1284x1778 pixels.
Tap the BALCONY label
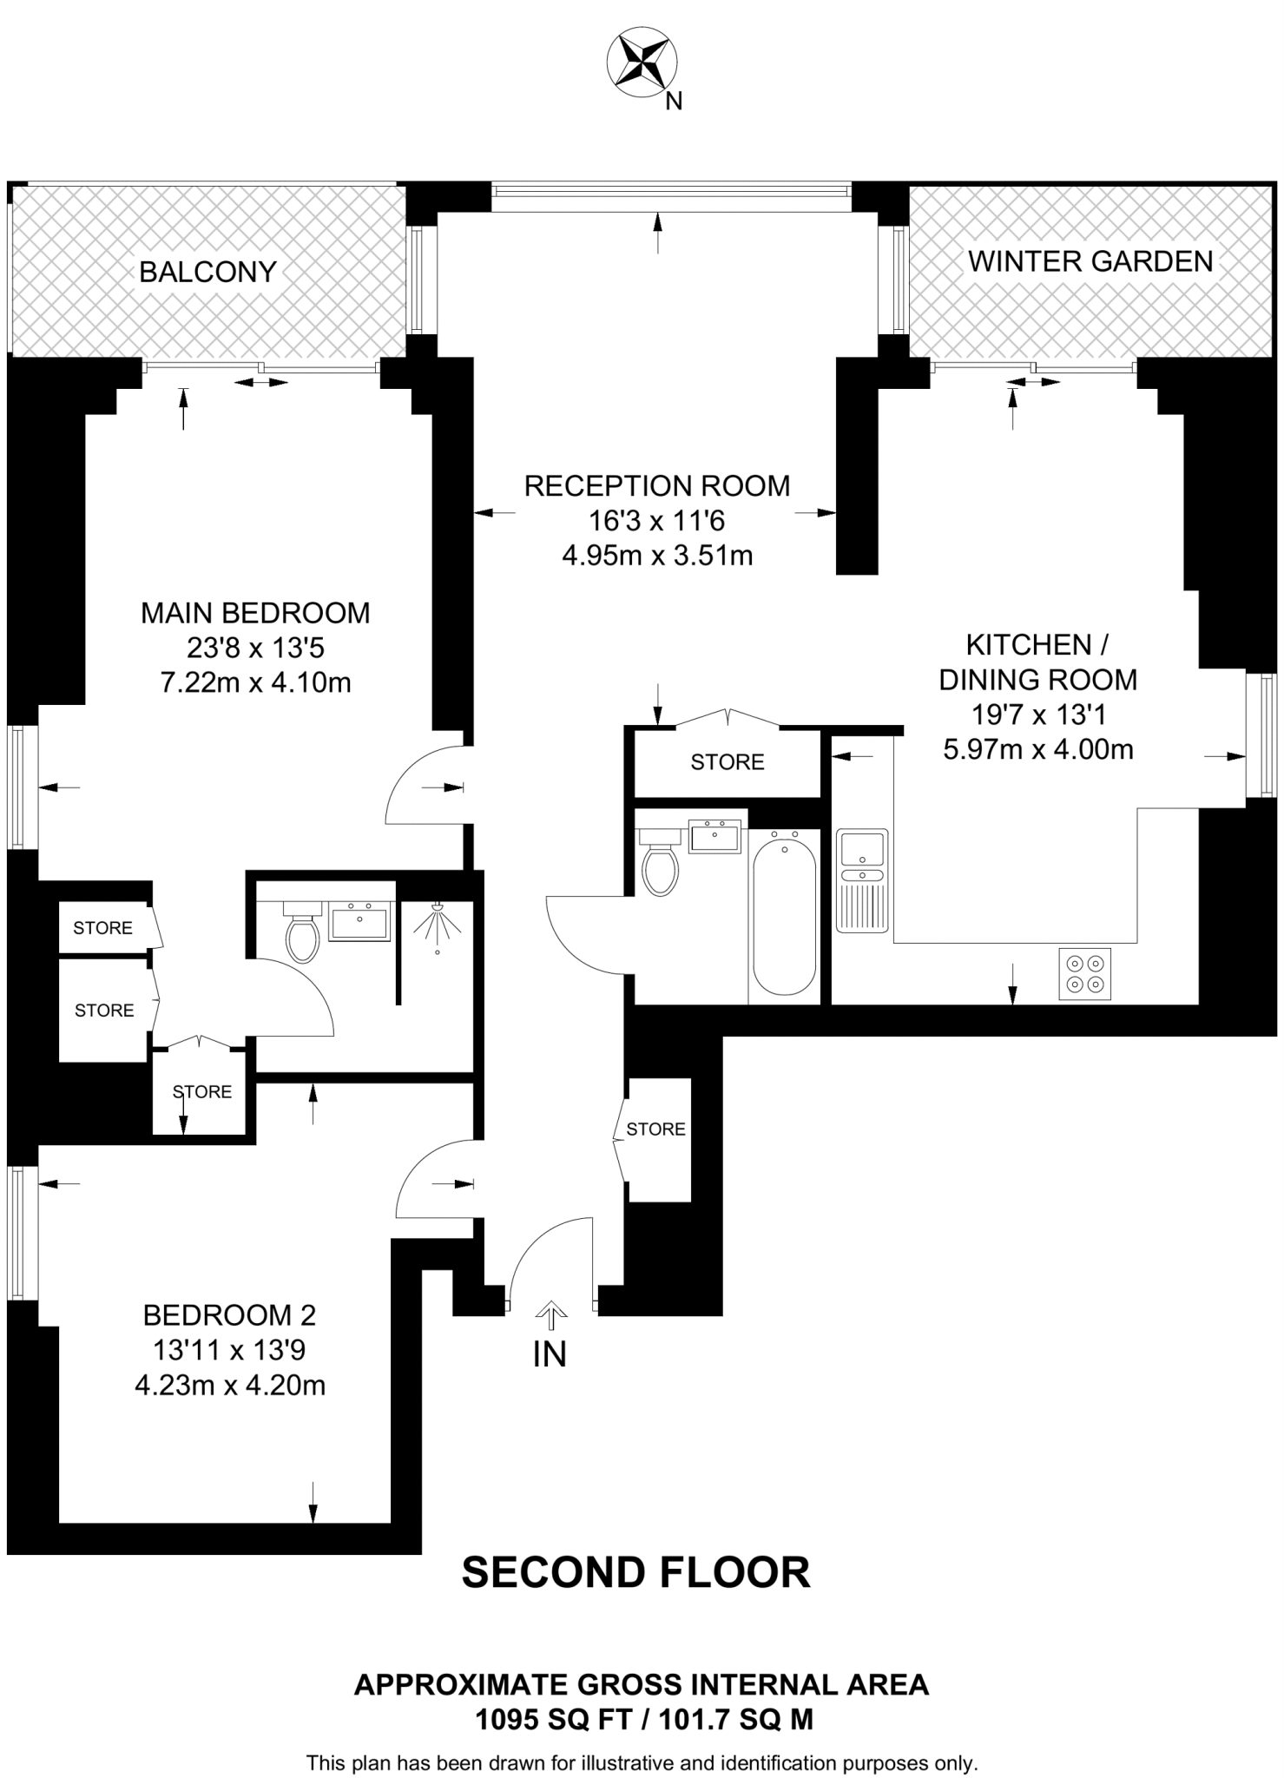click(x=207, y=273)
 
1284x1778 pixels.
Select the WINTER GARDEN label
click(x=1090, y=261)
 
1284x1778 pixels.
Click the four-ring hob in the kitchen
click(x=1085, y=974)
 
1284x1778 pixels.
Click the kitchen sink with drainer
click(x=862, y=880)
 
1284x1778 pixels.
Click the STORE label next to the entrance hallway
click(x=655, y=1129)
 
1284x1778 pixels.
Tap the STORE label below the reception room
click(x=728, y=762)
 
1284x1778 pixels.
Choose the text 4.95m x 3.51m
click(x=657, y=556)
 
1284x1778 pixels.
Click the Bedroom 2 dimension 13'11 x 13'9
click(x=230, y=1350)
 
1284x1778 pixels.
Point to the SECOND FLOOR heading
click(x=635, y=1572)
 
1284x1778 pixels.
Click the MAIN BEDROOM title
click(x=255, y=613)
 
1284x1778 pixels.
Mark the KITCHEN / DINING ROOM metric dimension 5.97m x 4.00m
click(x=1038, y=749)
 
